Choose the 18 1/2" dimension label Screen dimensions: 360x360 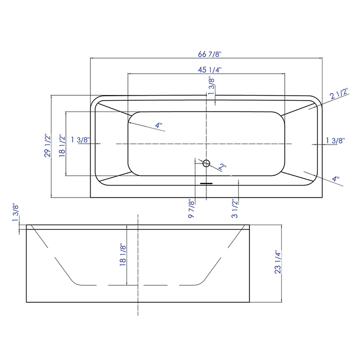[61, 146]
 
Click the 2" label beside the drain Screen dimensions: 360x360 [222, 167]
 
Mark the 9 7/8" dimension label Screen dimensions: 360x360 [191, 209]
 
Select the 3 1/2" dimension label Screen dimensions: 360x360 [234, 209]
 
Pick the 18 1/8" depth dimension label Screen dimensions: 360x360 [123, 255]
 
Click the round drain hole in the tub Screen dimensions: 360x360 [206, 164]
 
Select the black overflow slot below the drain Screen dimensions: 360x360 [206, 182]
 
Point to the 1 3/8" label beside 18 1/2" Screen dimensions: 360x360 [81, 140]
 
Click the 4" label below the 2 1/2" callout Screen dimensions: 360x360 [335, 179]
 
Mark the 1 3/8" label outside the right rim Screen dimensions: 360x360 [334, 140]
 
